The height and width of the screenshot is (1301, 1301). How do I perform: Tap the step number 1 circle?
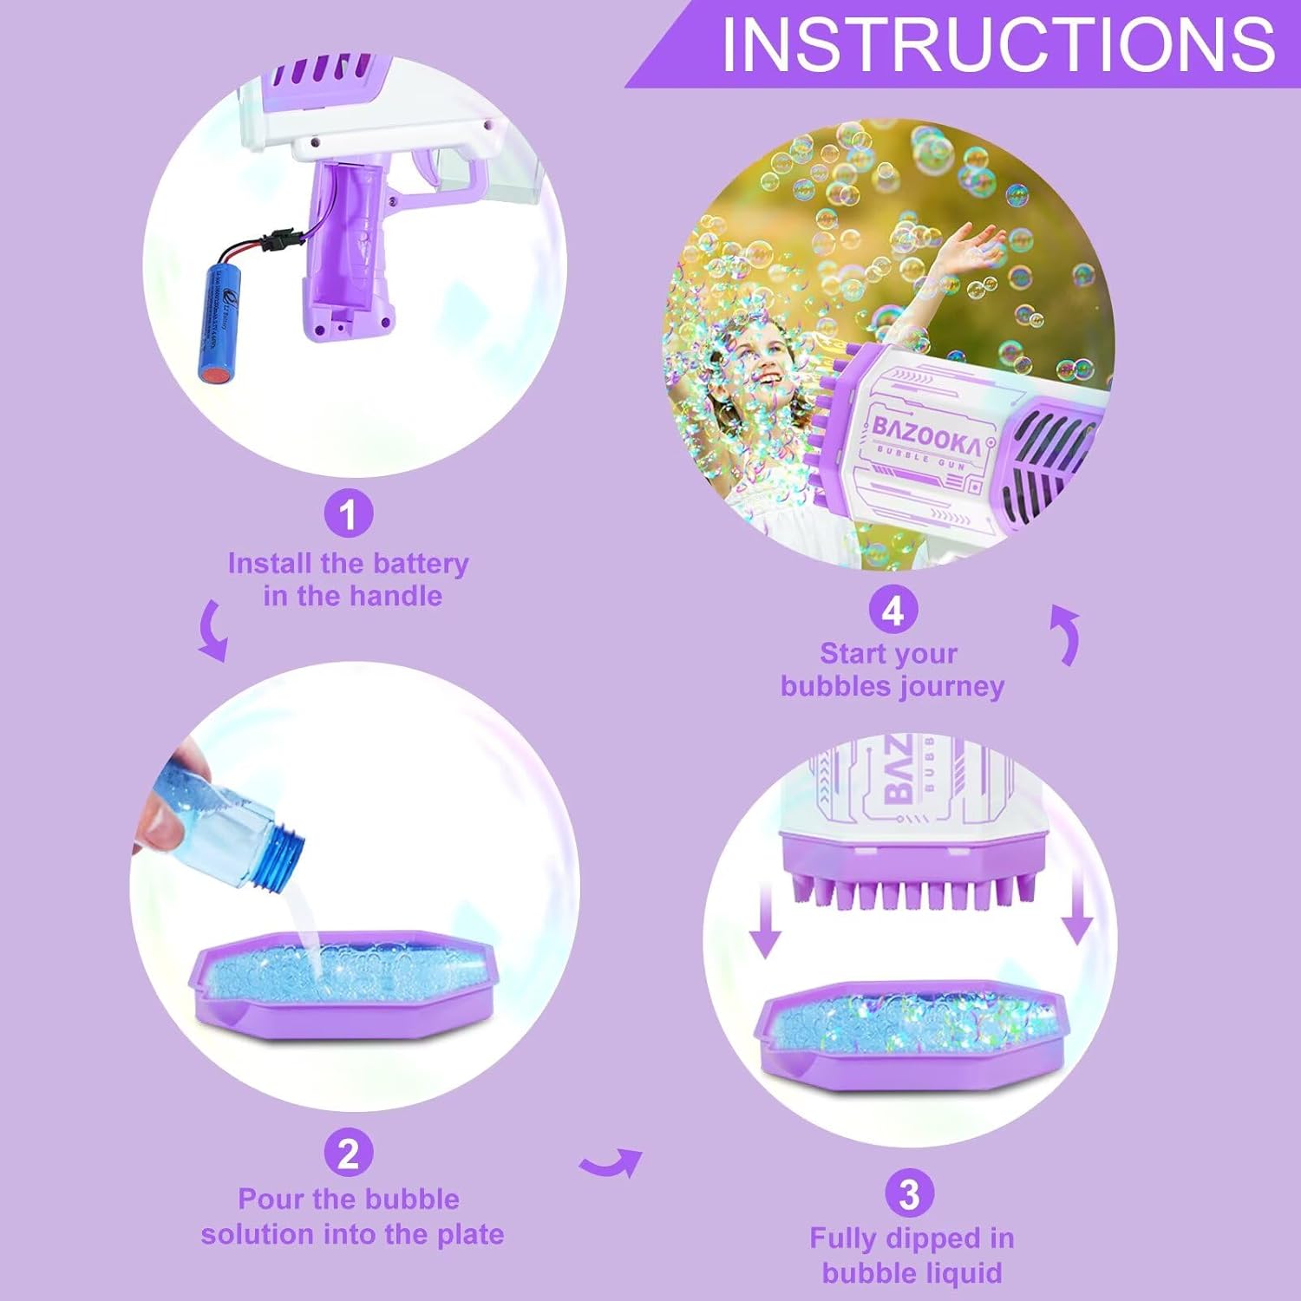tap(349, 514)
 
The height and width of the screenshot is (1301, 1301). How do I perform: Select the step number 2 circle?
tap(349, 1154)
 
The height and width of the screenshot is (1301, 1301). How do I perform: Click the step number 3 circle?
tap(909, 1193)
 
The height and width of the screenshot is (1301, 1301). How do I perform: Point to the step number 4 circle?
tap(893, 611)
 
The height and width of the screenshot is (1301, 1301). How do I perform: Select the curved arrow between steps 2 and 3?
tap(611, 1162)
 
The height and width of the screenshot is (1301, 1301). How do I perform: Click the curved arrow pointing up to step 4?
tap(1067, 633)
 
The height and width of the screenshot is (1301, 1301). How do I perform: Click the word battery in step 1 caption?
tap(420, 564)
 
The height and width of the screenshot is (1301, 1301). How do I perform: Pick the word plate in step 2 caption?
tap(469, 1234)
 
